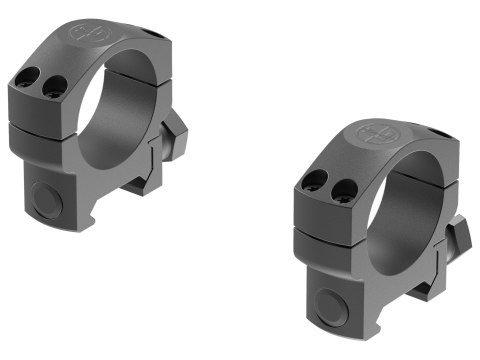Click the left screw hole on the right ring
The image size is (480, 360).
(314, 180)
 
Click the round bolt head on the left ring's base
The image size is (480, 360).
(44, 197)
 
